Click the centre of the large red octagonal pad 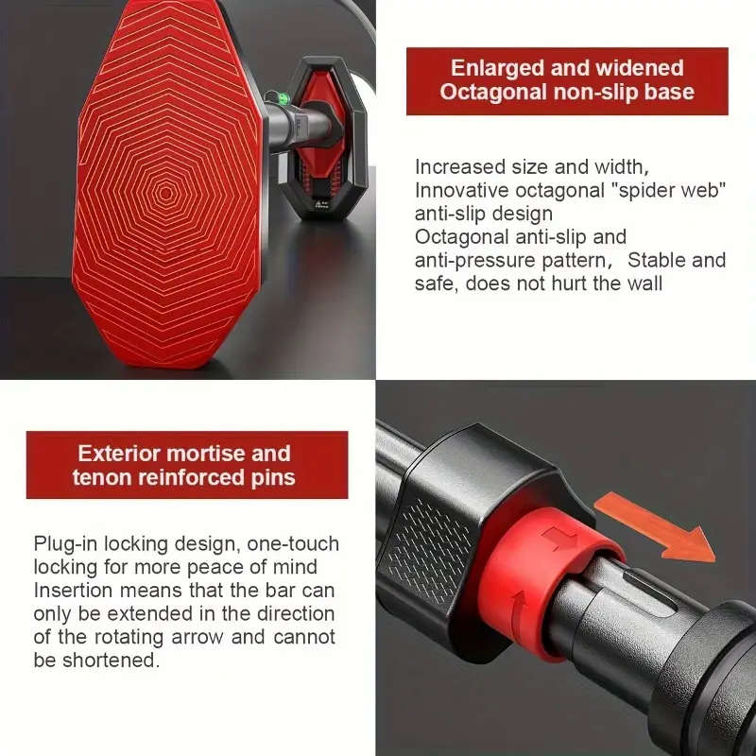click(x=166, y=193)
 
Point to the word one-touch click(x=287, y=543)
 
